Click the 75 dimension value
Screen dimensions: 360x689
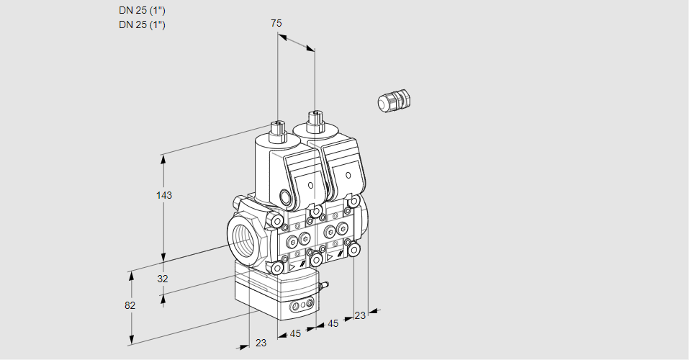pos(276,24)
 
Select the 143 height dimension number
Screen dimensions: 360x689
pos(166,195)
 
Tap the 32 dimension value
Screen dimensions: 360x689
pos(163,279)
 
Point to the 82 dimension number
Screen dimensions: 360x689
pos(130,305)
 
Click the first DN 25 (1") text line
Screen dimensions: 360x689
pos(142,11)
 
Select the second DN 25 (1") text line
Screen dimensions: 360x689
pos(142,25)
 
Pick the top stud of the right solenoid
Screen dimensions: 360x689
pos(314,119)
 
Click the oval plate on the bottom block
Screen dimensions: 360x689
pos(300,307)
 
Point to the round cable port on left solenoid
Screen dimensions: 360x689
pos(286,197)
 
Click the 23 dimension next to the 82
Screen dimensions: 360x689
pos(261,343)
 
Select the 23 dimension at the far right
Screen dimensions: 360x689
pos(360,315)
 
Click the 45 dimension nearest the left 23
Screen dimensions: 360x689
pos(295,333)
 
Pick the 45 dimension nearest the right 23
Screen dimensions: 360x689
pos(333,324)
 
